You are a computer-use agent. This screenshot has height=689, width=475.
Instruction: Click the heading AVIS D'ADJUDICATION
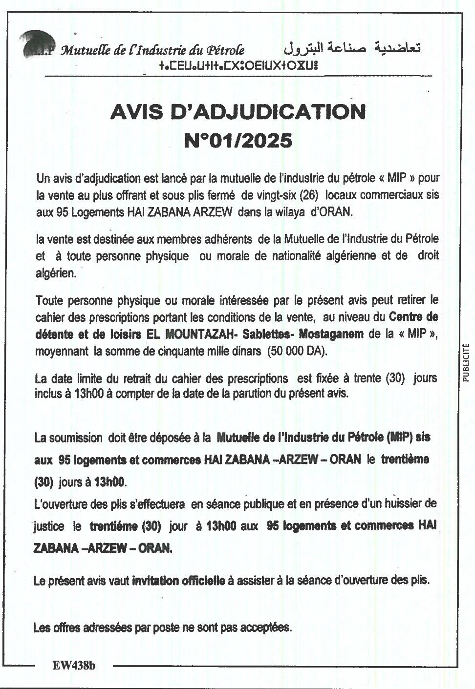[x=238, y=112]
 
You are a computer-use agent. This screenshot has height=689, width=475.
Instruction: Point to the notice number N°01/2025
[x=238, y=141]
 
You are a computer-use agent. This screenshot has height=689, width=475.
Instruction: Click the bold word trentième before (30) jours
[x=405, y=459]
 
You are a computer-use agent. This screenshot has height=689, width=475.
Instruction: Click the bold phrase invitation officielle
[x=178, y=581]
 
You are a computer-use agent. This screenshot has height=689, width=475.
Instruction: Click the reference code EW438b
[x=74, y=665]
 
